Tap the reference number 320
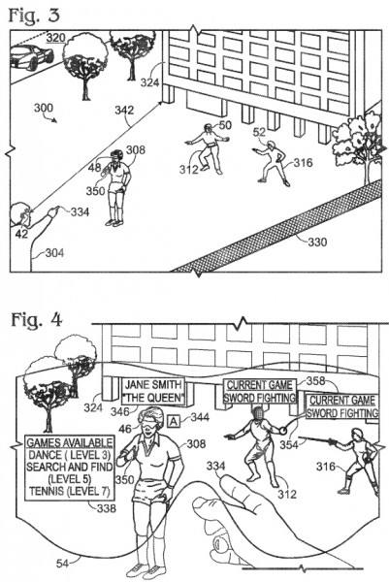(56, 38)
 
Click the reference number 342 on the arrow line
(124, 111)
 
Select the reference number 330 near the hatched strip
(317, 242)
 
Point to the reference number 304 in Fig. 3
(54, 253)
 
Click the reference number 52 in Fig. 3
(259, 132)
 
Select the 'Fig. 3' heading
(34, 16)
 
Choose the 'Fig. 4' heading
(36, 320)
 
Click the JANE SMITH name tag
(153, 391)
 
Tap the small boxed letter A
(174, 421)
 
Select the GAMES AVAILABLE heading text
(70, 442)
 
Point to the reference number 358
(316, 381)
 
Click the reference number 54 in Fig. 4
(62, 564)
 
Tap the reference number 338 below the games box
(107, 508)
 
